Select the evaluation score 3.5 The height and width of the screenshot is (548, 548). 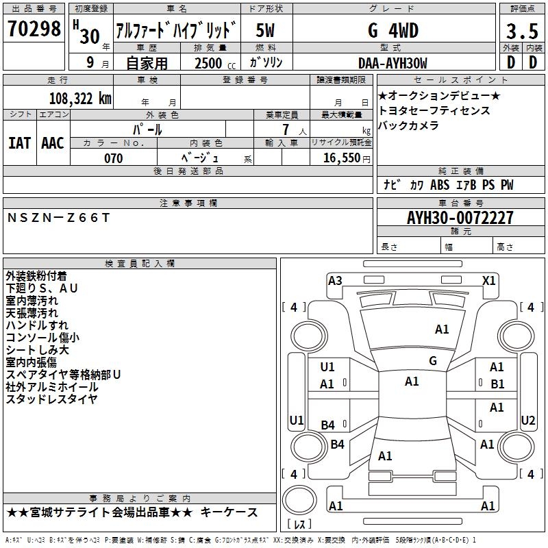(x=521, y=31)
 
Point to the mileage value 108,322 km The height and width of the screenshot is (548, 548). (x=80, y=99)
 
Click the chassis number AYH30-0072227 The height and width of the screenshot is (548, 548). (x=460, y=219)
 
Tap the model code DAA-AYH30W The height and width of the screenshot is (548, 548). (x=392, y=63)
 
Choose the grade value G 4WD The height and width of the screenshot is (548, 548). (x=392, y=31)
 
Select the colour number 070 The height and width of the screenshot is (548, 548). (x=113, y=158)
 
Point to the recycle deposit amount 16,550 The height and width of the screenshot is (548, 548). (x=340, y=158)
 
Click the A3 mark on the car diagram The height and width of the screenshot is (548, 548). (x=335, y=280)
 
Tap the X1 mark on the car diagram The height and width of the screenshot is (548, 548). (x=489, y=280)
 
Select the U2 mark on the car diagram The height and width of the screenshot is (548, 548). (x=528, y=420)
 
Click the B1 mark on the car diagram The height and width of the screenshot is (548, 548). (x=497, y=384)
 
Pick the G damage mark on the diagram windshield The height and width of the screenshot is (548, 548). (x=432, y=361)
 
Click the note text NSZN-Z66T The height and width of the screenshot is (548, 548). (x=58, y=217)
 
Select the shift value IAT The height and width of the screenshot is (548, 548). (x=19, y=143)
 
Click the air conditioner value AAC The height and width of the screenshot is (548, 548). (x=53, y=143)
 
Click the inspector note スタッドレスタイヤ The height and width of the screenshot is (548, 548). (x=52, y=398)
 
